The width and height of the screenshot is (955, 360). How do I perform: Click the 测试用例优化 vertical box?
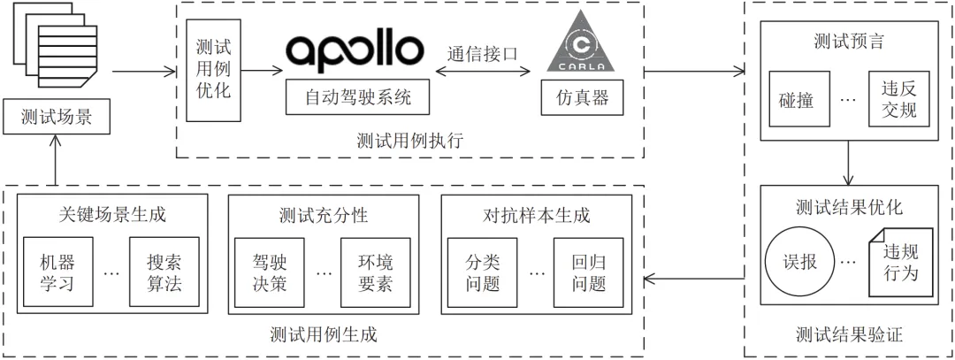coord(211,68)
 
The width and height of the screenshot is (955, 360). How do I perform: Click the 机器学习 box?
coord(55,272)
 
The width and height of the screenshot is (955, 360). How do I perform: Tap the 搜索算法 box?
coord(164,272)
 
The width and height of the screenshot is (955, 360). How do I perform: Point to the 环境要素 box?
coord(375,272)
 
